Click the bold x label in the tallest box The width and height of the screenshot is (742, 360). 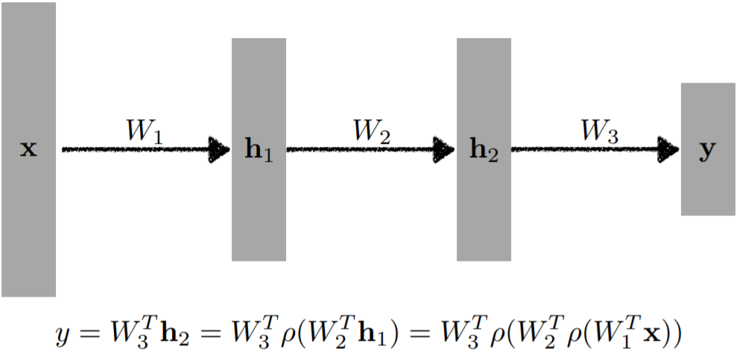tap(28, 149)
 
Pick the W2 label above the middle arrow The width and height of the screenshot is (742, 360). tap(372, 132)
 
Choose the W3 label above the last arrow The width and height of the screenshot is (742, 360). tap(599, 132)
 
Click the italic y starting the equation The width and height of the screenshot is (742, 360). tap(63, 337)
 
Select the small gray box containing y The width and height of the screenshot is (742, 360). tap(708, 186)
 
